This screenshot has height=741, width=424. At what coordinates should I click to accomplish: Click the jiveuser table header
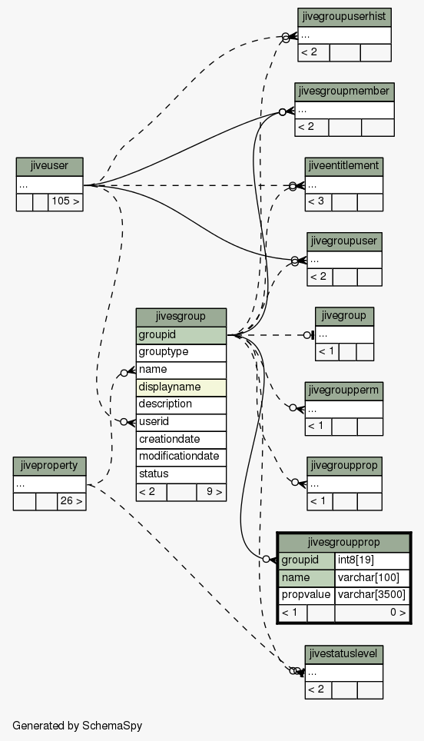coord(50,166)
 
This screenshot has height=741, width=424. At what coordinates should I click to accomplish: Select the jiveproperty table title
coord(50,466)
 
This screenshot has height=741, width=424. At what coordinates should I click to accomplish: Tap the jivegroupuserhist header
coord(344,17)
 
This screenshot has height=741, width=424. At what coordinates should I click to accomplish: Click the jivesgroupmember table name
coord(344,91)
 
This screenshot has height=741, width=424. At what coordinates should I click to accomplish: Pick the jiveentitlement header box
coord(344,166)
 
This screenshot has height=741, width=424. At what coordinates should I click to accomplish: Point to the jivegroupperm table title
coord(344,390)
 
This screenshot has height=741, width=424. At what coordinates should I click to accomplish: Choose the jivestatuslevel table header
coord(344,654)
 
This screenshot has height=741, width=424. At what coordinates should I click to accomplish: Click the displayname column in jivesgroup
coord(181,387)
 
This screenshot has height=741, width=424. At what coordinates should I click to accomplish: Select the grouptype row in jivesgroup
coord(181,353)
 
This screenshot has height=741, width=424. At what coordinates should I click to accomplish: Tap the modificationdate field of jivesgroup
coord(181,457)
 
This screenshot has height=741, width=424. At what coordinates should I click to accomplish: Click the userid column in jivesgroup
coord(181,422)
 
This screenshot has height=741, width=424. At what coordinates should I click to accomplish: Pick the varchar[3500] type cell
coord(372,595)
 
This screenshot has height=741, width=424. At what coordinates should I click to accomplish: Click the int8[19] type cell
coord(372,560)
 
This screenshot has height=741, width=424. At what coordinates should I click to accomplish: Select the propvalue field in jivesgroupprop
coord(306,595)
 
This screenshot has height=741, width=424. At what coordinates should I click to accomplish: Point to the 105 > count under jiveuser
coord(65,202)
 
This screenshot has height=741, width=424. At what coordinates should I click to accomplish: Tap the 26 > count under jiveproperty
coord(71,501)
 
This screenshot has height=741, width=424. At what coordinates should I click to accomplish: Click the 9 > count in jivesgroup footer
coord(211,492)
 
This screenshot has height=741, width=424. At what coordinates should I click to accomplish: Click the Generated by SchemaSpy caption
coord(77,726)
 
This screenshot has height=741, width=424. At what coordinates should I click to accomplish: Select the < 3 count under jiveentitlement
coord(318,202)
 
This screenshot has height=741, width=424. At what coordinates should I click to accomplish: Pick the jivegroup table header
coord(344,316)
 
